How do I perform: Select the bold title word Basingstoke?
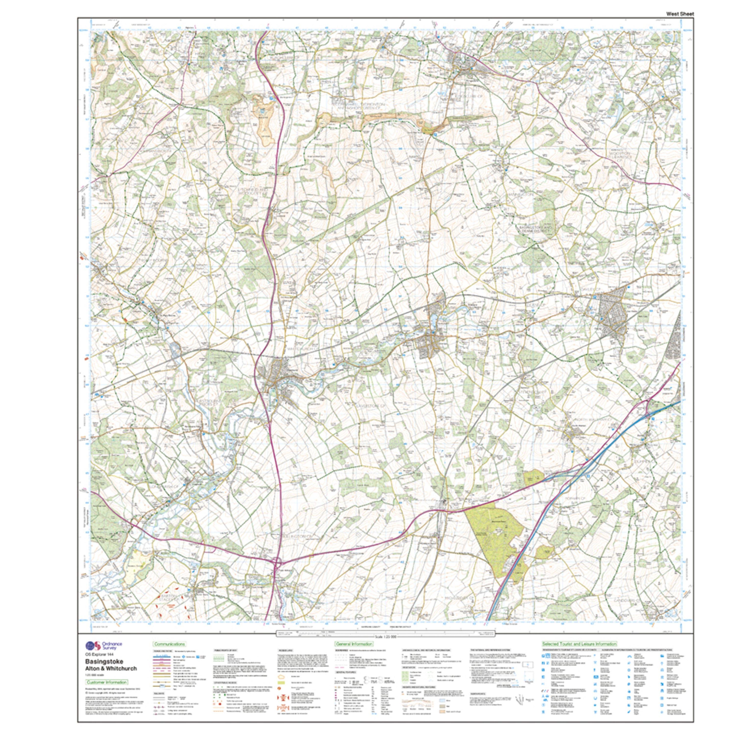[x=104, y=661]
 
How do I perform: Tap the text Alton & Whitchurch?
[x=111, y=668]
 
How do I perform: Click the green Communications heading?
[x=169, y=644]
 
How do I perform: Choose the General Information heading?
[x=354, y=644]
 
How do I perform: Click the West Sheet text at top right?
[x=680, y=14]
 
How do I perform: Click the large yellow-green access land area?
[x=495, y=533]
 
